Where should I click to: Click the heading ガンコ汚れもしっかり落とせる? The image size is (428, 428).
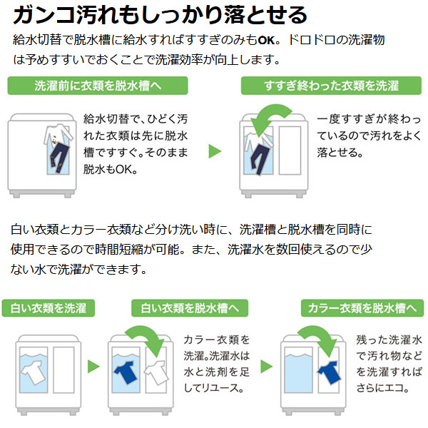[161, 14]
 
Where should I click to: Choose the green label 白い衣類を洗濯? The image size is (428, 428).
[49, 308]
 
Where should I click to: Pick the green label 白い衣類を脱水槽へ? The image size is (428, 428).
[190, 308]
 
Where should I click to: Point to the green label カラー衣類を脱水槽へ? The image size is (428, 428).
[362, 308]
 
